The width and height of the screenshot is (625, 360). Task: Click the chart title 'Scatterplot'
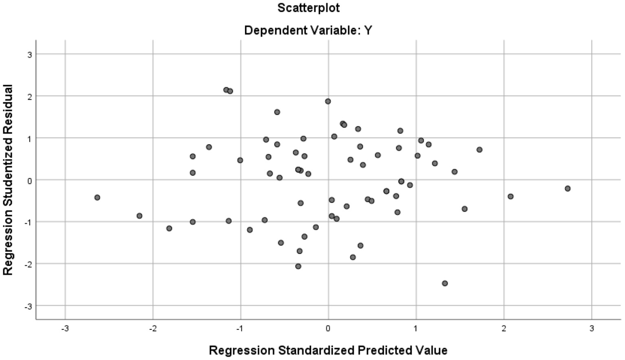(x=308, y=8)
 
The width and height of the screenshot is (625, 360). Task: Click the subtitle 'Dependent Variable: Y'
(x=308, y=31)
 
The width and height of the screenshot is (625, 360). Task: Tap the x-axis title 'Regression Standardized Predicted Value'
(x=328, y=350)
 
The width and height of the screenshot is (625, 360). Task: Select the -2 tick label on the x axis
(x=153, y=329)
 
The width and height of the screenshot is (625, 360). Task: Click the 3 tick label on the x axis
(x=592, y=329)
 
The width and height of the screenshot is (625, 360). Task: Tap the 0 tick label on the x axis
(x=328, y=329)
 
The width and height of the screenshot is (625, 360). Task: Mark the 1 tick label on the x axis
(x=416, y=329)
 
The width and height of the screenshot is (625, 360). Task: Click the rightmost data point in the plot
(x=568, y=189)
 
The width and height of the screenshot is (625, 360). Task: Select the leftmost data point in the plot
(x=97, y=198)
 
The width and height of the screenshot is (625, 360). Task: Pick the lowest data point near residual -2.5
(x=445, y=283)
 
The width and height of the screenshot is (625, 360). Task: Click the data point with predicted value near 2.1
(x=511, y=197)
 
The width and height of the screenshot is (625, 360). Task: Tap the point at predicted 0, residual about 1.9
(x=328, y=101)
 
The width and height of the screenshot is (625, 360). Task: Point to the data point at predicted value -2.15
(x=139, y=216)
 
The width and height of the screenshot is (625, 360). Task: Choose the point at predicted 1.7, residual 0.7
(x=479, y=150)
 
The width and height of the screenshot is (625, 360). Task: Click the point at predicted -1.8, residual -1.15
(x=169, y=228)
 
